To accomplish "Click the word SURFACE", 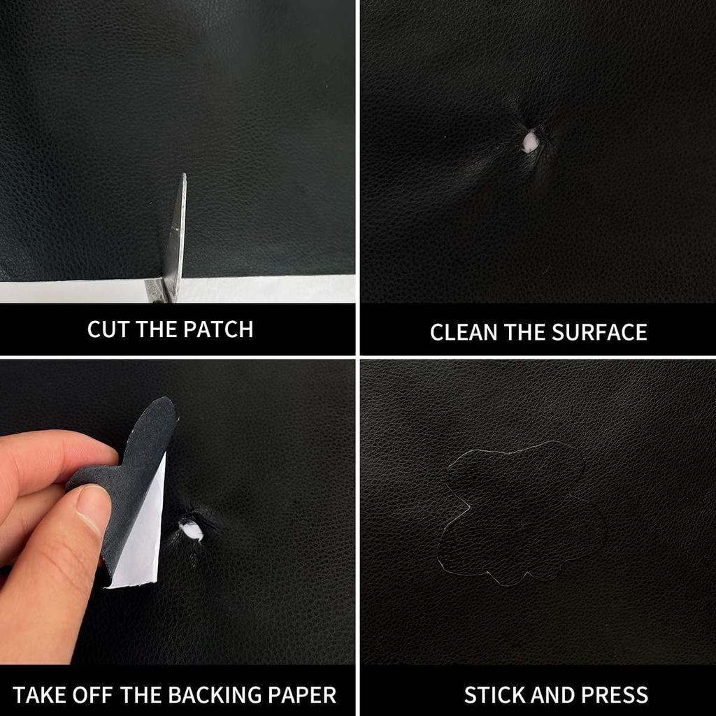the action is [599, 332].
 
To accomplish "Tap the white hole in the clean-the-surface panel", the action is [531, 141].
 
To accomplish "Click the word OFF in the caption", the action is [93, 695].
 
